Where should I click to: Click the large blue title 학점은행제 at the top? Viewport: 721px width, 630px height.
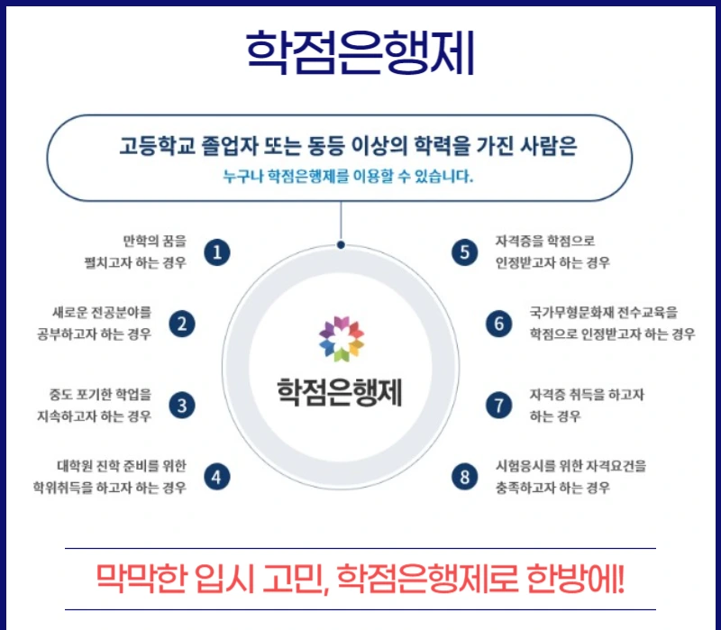click(x=360, y=52)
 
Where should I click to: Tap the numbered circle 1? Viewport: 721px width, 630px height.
click(x=217, y=252)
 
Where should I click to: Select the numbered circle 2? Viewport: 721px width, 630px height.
click(x=182, y=324)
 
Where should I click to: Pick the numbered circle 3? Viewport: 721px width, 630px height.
click(x=182, y=406)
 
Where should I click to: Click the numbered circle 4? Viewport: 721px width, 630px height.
click(x=217, y=477)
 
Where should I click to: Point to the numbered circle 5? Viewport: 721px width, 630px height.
click(x=464, y=252)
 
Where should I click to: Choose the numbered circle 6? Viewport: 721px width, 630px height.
click(x=499, y=324)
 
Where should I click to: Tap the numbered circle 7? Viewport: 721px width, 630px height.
click(x=499, y=406)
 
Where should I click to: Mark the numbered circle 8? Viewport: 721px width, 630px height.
click(x=464, y=477)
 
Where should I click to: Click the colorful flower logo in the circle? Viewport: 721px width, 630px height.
click(x=342, y=339)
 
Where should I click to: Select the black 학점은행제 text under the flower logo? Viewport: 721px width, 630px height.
click(x=340, y=392)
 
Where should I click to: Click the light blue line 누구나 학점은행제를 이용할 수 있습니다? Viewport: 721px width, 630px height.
click(x=348, y=176)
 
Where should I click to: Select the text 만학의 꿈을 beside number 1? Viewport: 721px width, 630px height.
click(x=155, y=241)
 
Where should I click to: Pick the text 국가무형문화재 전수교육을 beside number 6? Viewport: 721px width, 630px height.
click(x=604, y=313)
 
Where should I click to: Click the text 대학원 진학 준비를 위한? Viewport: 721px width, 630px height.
click(x=122, y=466)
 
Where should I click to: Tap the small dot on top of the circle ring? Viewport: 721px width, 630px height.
click(x=341, y=245)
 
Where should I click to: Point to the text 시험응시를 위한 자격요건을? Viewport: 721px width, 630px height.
click(x=570, y=466)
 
